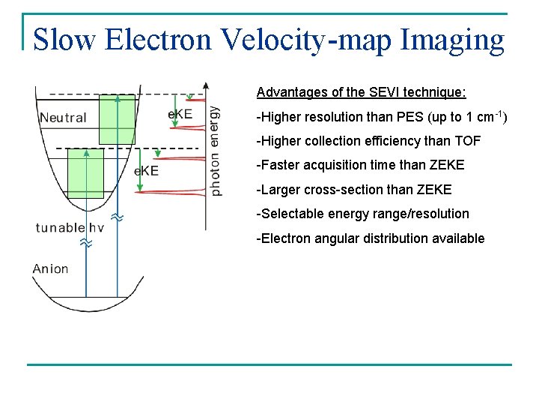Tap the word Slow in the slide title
pyautogui.click(x=65, y=39)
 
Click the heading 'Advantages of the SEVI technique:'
pyautogui.click(x=361, y=92)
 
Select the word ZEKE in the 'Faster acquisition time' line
pyautogui.click(x=448, y=165)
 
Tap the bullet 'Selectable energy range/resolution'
pyautogui.click(x=363, y=214)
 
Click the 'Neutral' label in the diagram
pyautogui.click(x=63, y=118)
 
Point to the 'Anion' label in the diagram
pyautogui.click(x=50, y=268)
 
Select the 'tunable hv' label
pyautogui.click(x=70, y=228)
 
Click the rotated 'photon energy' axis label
pyautogui.click(x=216, y=150)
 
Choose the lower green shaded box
pyautogui.click(x=85, y=173)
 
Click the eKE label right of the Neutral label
pyautogui.click(x=180, y=114)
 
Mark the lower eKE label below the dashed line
pyautogui.click(x=147, y=171)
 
